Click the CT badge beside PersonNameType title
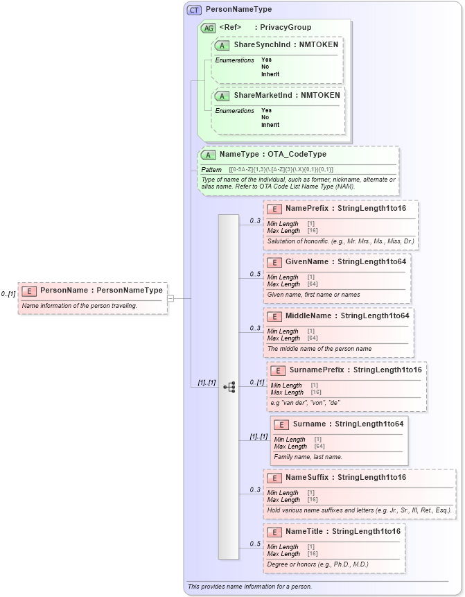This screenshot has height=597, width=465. [194, 10]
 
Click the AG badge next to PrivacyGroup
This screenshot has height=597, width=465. [208, 28]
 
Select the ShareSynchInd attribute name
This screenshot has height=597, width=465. [261, 44]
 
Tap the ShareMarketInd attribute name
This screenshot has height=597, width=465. [262, 95]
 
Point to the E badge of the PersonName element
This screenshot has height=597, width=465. [30, 291]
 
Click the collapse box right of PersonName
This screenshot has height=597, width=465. [170, 298]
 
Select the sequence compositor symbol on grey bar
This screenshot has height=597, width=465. [229, 387]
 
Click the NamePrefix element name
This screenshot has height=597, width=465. [308, 208]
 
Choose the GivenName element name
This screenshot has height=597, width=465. [308, 261]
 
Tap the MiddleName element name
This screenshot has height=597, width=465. [310, 315]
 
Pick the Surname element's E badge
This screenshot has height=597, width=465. [281, 424]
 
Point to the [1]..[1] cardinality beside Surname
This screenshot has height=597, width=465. [258, 437]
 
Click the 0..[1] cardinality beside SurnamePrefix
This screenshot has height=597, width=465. [257, 383]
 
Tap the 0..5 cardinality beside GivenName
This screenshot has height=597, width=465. [255, 274]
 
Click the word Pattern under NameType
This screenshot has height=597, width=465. [211, 170]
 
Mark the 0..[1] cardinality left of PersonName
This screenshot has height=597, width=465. [8, 294]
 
